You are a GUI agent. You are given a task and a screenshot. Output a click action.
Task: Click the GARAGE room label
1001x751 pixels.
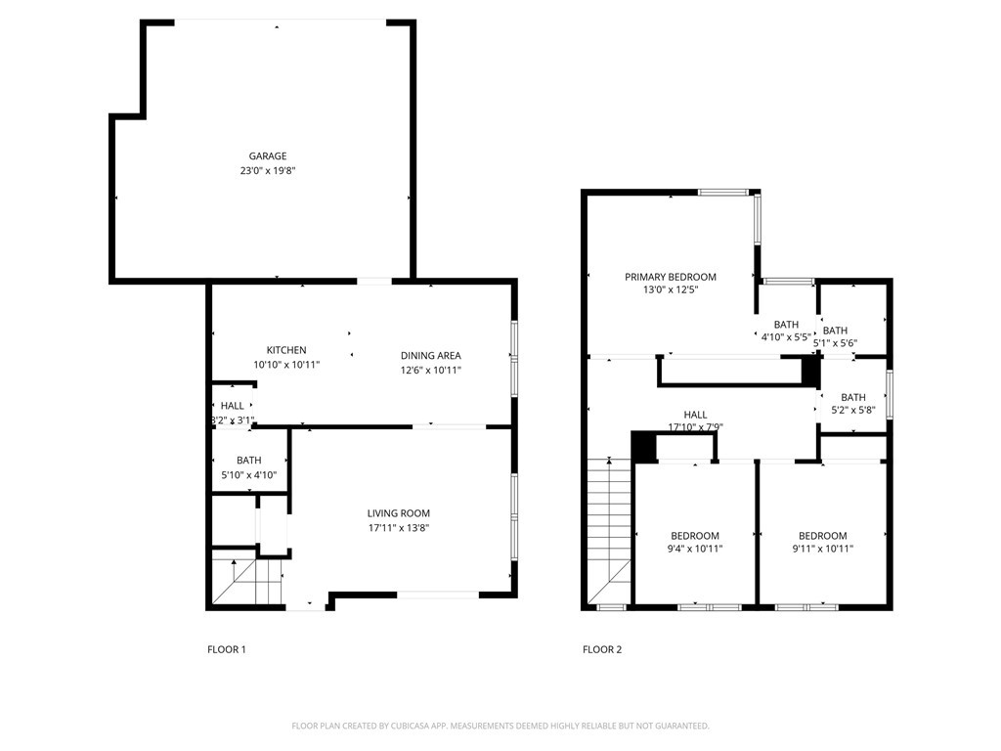click(x=268, y=155)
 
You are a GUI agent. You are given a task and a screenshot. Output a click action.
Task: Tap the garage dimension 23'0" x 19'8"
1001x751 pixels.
click(x=268, y=170)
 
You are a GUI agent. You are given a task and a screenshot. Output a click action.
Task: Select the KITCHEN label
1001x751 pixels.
click(x=286, y=350)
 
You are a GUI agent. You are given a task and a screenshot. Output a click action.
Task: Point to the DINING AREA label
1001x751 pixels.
click(x=430, y=356)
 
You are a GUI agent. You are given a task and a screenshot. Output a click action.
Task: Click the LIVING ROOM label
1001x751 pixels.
click(x=399, y=513)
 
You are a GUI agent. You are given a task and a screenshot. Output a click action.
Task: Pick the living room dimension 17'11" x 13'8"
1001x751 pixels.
click(x=399, y=528)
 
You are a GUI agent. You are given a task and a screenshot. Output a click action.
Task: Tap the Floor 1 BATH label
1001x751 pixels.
click(x=249, y=461)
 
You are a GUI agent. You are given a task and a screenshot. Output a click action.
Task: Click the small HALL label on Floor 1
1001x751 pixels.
click(x=233, y=406)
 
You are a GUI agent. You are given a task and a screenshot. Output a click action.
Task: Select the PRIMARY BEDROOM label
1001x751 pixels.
click(x=671, y=277)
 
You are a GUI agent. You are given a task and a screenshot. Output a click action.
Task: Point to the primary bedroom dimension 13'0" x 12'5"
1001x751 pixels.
click(x=671, y=289)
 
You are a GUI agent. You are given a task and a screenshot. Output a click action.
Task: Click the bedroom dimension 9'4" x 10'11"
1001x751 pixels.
click(x=695, y=549)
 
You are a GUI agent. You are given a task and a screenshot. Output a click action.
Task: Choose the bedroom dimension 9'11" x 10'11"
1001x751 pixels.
click(x=822, y=549)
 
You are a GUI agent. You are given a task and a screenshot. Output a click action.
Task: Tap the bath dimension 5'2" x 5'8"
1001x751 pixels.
click(x=852, y=411)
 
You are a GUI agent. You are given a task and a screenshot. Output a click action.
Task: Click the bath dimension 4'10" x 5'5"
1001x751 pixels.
click(x=786, y=337)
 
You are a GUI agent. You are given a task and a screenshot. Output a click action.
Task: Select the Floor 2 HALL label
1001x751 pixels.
click(x=695, y=415)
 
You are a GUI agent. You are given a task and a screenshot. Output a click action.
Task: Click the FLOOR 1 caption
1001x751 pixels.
click(x=227, y=650)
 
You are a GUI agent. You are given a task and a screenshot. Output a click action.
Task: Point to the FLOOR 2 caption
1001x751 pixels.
click(x=602, y=650)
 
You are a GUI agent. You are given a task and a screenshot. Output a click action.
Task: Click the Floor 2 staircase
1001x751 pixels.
click(x=609, y=531)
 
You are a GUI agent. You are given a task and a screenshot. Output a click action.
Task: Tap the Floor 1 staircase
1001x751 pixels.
click(x=247, y=581)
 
